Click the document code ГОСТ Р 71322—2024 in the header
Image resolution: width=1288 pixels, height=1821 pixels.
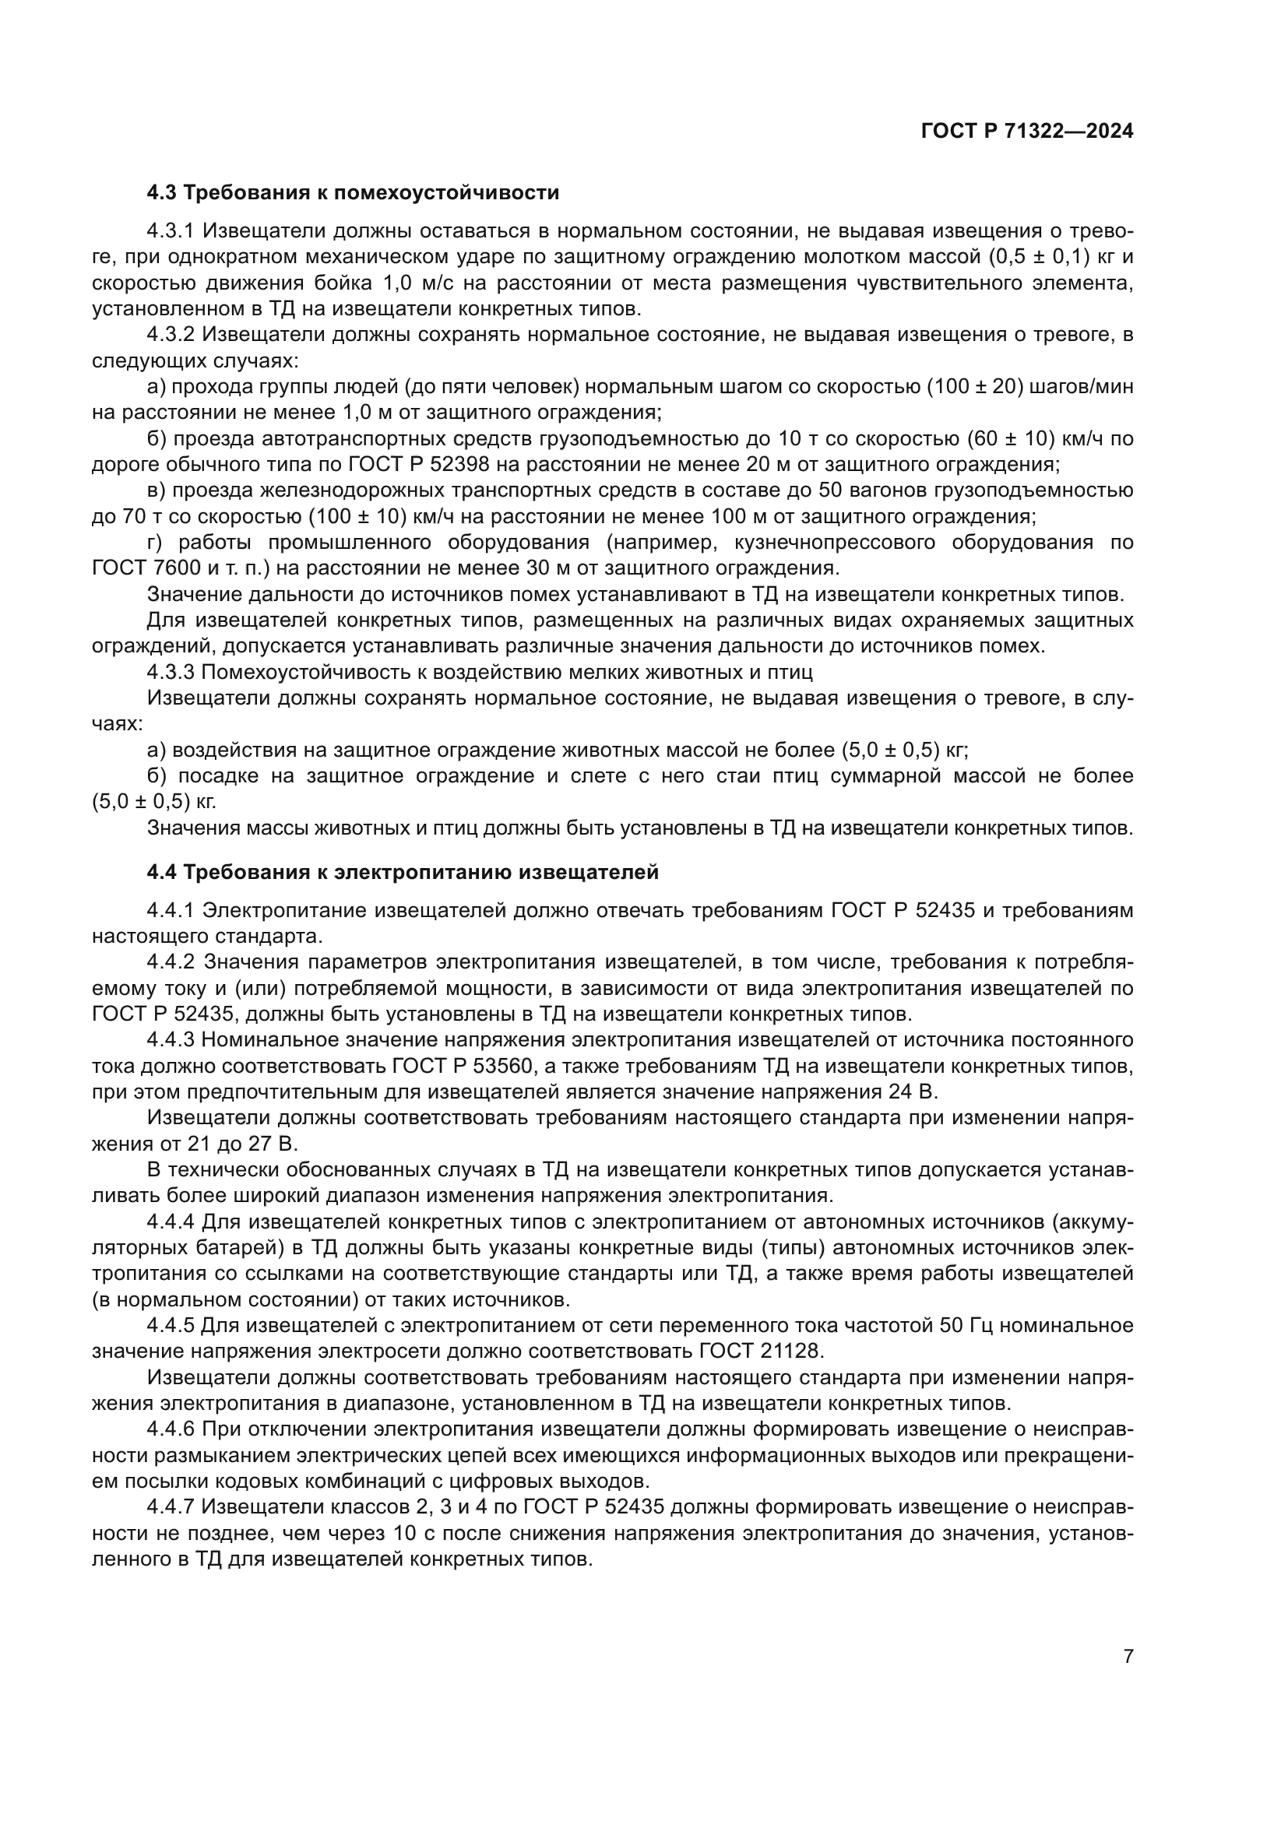[1027, 132]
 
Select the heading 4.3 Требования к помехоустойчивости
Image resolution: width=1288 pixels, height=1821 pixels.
[353, 193]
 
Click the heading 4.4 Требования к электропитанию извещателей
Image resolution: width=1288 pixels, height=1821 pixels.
[402, 873]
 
